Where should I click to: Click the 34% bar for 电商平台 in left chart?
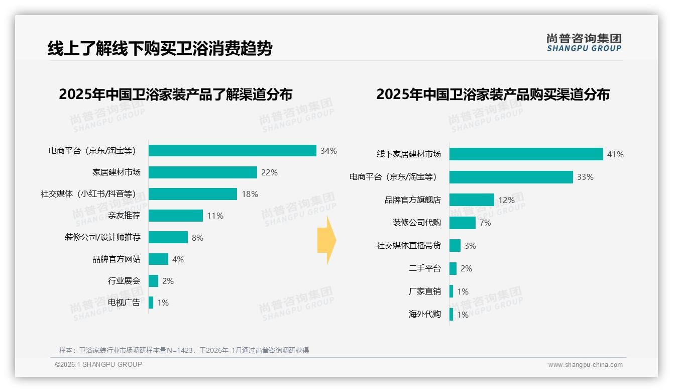232,151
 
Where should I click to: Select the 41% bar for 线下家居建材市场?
526,154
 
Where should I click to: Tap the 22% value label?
269,172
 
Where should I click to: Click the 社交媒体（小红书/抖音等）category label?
88,194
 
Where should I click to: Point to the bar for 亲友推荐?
176,216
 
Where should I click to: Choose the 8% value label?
197,238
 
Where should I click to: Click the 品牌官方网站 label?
117,259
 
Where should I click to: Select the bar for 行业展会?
153,281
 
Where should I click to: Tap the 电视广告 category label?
124,303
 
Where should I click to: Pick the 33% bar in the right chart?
511,177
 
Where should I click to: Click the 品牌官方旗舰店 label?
413,200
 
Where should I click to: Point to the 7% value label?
485,223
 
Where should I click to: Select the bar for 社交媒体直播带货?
455,246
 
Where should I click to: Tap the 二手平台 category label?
425,268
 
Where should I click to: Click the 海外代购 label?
425,315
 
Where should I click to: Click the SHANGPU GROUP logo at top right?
584,43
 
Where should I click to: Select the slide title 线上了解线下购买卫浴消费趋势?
160,48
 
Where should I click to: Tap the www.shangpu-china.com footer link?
585,365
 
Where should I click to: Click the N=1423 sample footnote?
184,350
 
